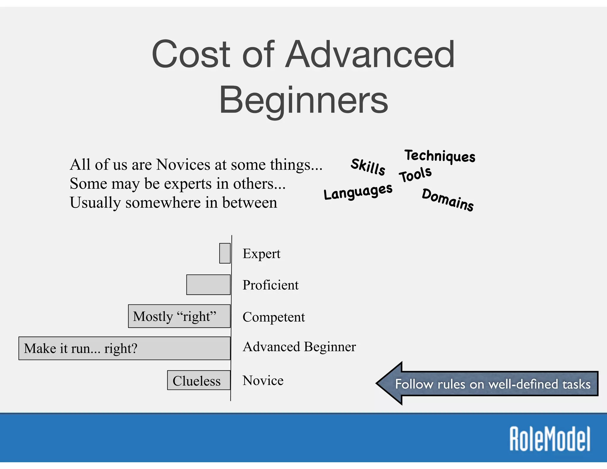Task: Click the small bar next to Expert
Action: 225,253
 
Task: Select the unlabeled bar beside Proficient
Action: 208,285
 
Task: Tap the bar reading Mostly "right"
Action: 179,316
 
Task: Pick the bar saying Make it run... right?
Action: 124,348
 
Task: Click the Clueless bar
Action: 199,380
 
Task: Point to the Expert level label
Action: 261,254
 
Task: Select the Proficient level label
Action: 270,285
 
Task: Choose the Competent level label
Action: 274,317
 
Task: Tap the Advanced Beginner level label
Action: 299,347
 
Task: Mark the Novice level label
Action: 263,380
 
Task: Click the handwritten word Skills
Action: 368,167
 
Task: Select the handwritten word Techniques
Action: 440,156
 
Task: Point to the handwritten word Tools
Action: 415,175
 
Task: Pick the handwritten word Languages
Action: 358,192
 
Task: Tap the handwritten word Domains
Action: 448,200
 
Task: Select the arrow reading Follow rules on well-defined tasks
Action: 489,384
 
